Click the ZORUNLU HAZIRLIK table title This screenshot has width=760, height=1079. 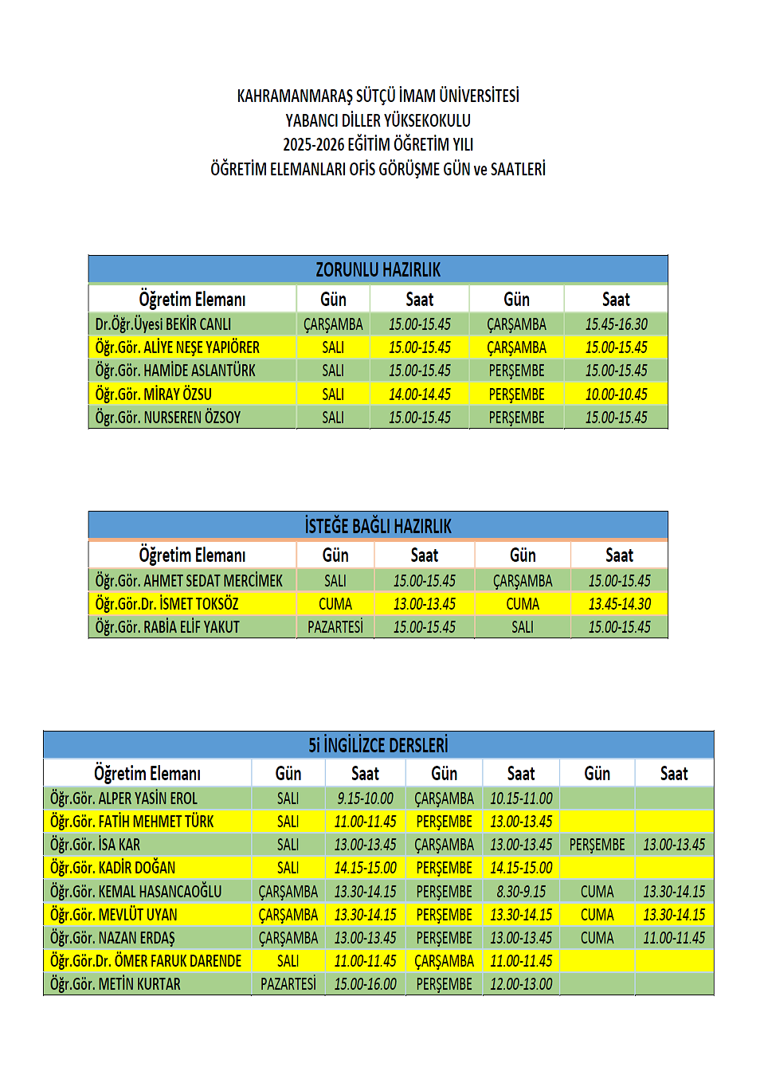pyautogui.click(x=378, y=269)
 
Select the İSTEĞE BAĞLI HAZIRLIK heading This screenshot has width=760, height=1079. pyautogui.click(x=378, y=526)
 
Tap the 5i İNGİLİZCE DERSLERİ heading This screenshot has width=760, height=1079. pyautogui.click(x=378, y=745)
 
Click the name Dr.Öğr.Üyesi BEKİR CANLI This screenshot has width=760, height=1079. pyautogui.click(x=163, y=324)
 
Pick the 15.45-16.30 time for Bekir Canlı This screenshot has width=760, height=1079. pyautogui.click(x=616, y=324)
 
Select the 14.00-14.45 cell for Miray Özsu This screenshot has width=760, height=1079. pyautogui.click(x=419, y=394)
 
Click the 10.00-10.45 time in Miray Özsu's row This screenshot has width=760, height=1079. pyautogui.click(x=616, y=394)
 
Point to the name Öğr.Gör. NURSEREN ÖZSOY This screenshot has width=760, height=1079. pyautogui.click(x=167, y=417)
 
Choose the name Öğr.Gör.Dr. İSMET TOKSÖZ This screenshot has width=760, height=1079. pyautogui.click(x=166, y=604)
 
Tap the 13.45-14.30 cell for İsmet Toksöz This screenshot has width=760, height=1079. pyautogui.click(x=619, y=604)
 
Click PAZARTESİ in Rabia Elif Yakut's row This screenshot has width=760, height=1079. pyautogui.click(x=335, y=627)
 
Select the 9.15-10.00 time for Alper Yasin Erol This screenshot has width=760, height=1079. pyautogui.click(x=365, y=798)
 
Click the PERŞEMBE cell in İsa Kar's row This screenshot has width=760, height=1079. pyautogui.click(x=597, y=845)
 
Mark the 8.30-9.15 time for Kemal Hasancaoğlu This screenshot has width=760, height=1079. pyautogui.click(x=521, y=892)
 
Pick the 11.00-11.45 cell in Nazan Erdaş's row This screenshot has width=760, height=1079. pyautogui.click(x=674, y=938)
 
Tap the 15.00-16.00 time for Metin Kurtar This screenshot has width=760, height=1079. pyautogui.click(x=365, y=984)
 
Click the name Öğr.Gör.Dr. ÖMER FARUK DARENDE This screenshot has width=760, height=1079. pyautogui.click(x=146, y=961)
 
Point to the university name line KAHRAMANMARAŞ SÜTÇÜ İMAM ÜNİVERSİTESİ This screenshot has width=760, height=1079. pyautogui.click(x=378, y=96)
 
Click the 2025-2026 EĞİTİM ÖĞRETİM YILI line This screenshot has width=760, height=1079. pyautogui.click(x=378, y=144)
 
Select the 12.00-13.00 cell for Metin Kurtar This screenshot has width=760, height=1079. pyautogui.click(x=521, y=984)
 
